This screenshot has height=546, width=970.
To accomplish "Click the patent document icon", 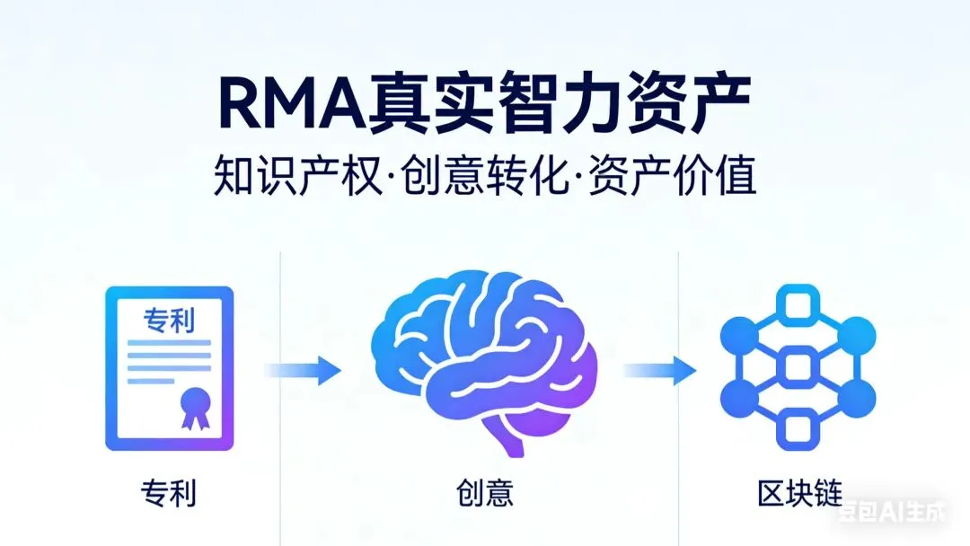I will [170, 367].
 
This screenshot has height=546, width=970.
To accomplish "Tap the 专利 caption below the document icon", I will [169, 494].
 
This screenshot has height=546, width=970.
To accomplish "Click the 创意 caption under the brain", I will [485, 494].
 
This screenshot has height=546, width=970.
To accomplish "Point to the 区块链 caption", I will [798, 494].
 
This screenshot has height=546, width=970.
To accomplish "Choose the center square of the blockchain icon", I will [798, 367].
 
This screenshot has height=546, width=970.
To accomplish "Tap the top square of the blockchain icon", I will [798, 305].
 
